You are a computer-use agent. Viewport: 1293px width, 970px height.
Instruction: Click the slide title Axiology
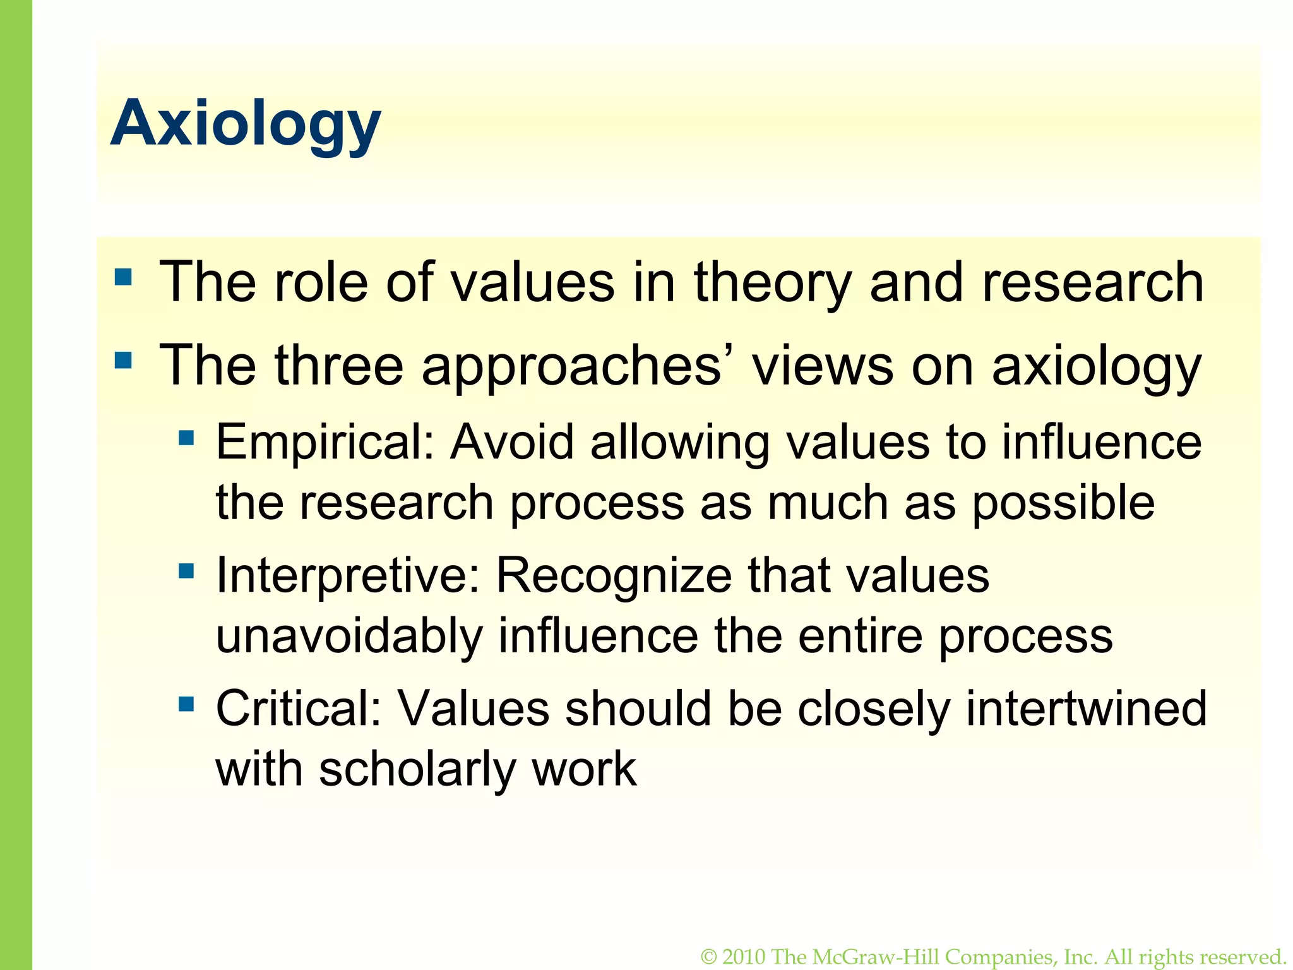(246, 124)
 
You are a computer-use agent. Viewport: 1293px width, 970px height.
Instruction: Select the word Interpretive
(347, 576)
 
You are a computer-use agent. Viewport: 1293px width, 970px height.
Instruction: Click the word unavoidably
(349, 637)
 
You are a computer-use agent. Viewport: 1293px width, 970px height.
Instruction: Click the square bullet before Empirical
(186, 438)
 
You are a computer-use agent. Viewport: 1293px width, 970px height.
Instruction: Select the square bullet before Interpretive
(186, 571)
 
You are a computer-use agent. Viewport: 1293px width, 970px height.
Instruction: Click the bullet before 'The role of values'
(124, 277)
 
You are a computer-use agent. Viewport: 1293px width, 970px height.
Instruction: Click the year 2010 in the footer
(744, 957)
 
